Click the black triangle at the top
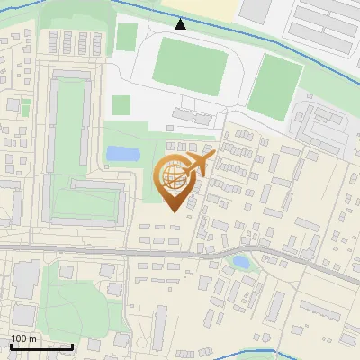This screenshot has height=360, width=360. coord(180,24)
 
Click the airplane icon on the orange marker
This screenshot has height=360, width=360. coord(199,164)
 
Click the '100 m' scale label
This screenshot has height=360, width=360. coord(23,338)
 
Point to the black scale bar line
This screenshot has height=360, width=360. coord(41,346)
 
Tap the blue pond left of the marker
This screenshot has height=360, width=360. coord(122,154)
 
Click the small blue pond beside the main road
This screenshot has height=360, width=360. coord(240,263)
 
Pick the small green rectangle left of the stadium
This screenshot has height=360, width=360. coord(127,37)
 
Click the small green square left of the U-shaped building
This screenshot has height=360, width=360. coord(25,108)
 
